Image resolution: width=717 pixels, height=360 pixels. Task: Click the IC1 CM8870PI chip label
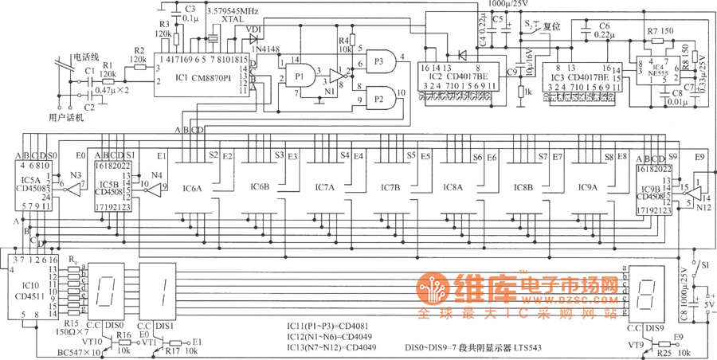coord(204,79)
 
